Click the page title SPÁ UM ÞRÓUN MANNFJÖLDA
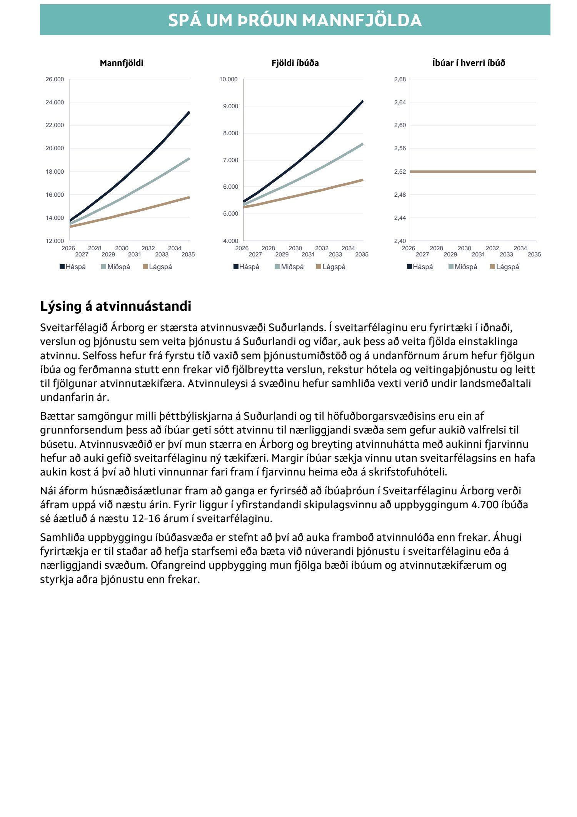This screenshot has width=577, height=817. (x=295, y=20)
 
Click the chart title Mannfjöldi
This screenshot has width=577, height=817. (x=121, y=63)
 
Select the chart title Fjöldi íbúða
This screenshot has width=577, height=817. (x=295, y=63)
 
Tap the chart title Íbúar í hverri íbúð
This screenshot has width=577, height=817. (x=468, y=63)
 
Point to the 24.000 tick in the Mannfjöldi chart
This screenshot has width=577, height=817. (x=55, y=102)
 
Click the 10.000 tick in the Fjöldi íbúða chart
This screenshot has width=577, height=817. (x=228, y=79)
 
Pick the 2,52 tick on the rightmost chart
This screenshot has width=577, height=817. (x=400, y=172)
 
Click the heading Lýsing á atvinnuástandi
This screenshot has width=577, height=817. (x=115, y=306)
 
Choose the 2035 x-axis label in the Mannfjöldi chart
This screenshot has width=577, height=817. (x=188, y=254)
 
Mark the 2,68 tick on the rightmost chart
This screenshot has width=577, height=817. (x=400, y=79)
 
